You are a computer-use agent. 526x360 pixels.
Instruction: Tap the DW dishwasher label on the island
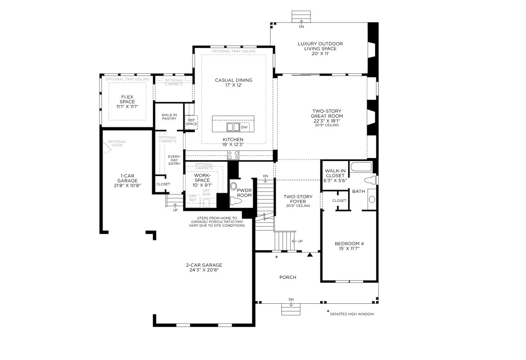pyautogui.click(x=244, y=127)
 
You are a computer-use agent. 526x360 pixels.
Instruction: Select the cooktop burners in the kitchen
pyautogui.click(x=233, y=155)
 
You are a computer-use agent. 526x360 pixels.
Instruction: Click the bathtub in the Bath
pyautogui.click(x=361, y=168)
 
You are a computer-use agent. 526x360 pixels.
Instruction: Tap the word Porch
pyautogui.click(x=288, y=278)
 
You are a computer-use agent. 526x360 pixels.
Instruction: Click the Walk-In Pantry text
pyautogui.click(x=169, y=116)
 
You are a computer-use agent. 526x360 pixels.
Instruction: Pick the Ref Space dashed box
pyautogui.click(x=192, y=122)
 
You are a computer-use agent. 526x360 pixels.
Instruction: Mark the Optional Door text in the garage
pyautogui.click(x=117, y=144)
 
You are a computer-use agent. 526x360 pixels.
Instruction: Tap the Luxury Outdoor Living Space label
pyautogui.click(x=320, y=46)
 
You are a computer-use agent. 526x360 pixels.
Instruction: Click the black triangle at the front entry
pyautogui.click(x=310, y=255)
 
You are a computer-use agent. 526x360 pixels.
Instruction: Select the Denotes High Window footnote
pyautogui.click(x=351, y=314)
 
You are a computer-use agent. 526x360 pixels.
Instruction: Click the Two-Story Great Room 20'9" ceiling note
pyautogui.click(x=327, y=125)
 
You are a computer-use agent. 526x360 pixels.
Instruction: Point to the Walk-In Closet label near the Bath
pyautogui.click(x=334, y=175)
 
